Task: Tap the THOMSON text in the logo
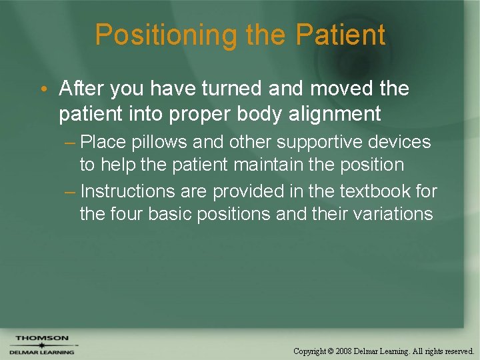pos(42,339)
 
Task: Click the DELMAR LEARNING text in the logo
pos(42,351)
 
